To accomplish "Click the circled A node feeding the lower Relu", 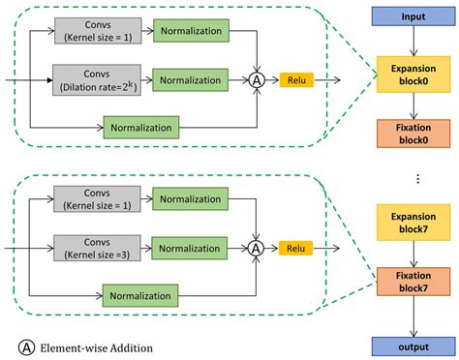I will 257,249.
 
